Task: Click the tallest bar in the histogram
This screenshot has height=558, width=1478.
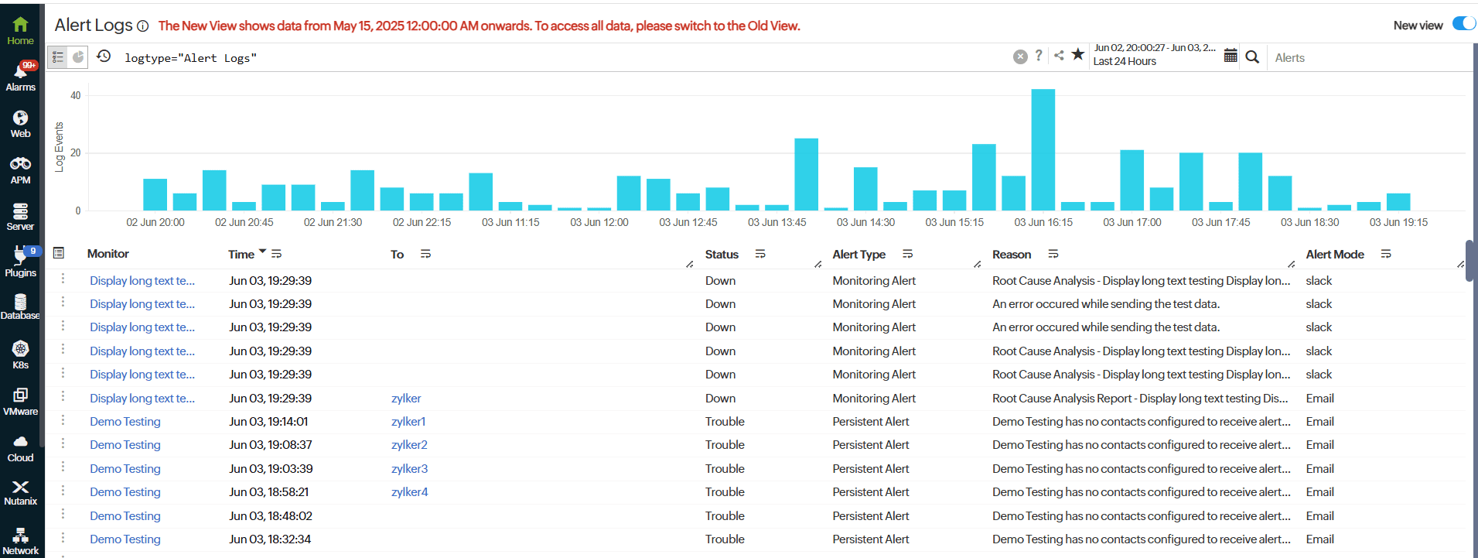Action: click(x=1043, y=149)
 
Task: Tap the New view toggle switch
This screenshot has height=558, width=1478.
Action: click(x=1463, y=24)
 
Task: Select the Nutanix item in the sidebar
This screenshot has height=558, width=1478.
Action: click(x=21, y=492)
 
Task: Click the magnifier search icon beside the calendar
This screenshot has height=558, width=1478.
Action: click(x=1252, y=56)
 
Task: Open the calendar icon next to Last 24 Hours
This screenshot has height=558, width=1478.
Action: click(x=1231, y=56)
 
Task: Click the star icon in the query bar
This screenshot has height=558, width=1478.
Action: click(x=1077, y=55)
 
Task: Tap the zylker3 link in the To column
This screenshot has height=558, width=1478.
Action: click(x=409, y=469)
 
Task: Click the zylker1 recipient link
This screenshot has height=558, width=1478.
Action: click(x=408, y=422)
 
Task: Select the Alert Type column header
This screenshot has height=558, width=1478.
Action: click(x=858, y=255)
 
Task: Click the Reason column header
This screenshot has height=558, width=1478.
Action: click(x=1011, y=255)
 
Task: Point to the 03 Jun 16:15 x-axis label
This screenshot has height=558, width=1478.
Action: click(x=1043, y=222)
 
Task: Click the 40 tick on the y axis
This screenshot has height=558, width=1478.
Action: click(x=76, y=96)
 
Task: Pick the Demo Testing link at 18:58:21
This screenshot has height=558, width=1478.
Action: click(x=125, y=492)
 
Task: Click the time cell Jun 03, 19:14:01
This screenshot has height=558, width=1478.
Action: click(x=268, y=422)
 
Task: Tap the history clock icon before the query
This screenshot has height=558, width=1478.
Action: click(x=104, y=56)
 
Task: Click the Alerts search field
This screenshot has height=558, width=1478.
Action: click(x=1361, y=58)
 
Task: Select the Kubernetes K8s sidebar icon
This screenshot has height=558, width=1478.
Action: click(x=21, y=354)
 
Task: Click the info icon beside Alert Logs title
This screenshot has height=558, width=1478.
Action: click(x=142, y=26)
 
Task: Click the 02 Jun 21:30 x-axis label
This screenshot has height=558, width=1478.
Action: click(x=333, y=222)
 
